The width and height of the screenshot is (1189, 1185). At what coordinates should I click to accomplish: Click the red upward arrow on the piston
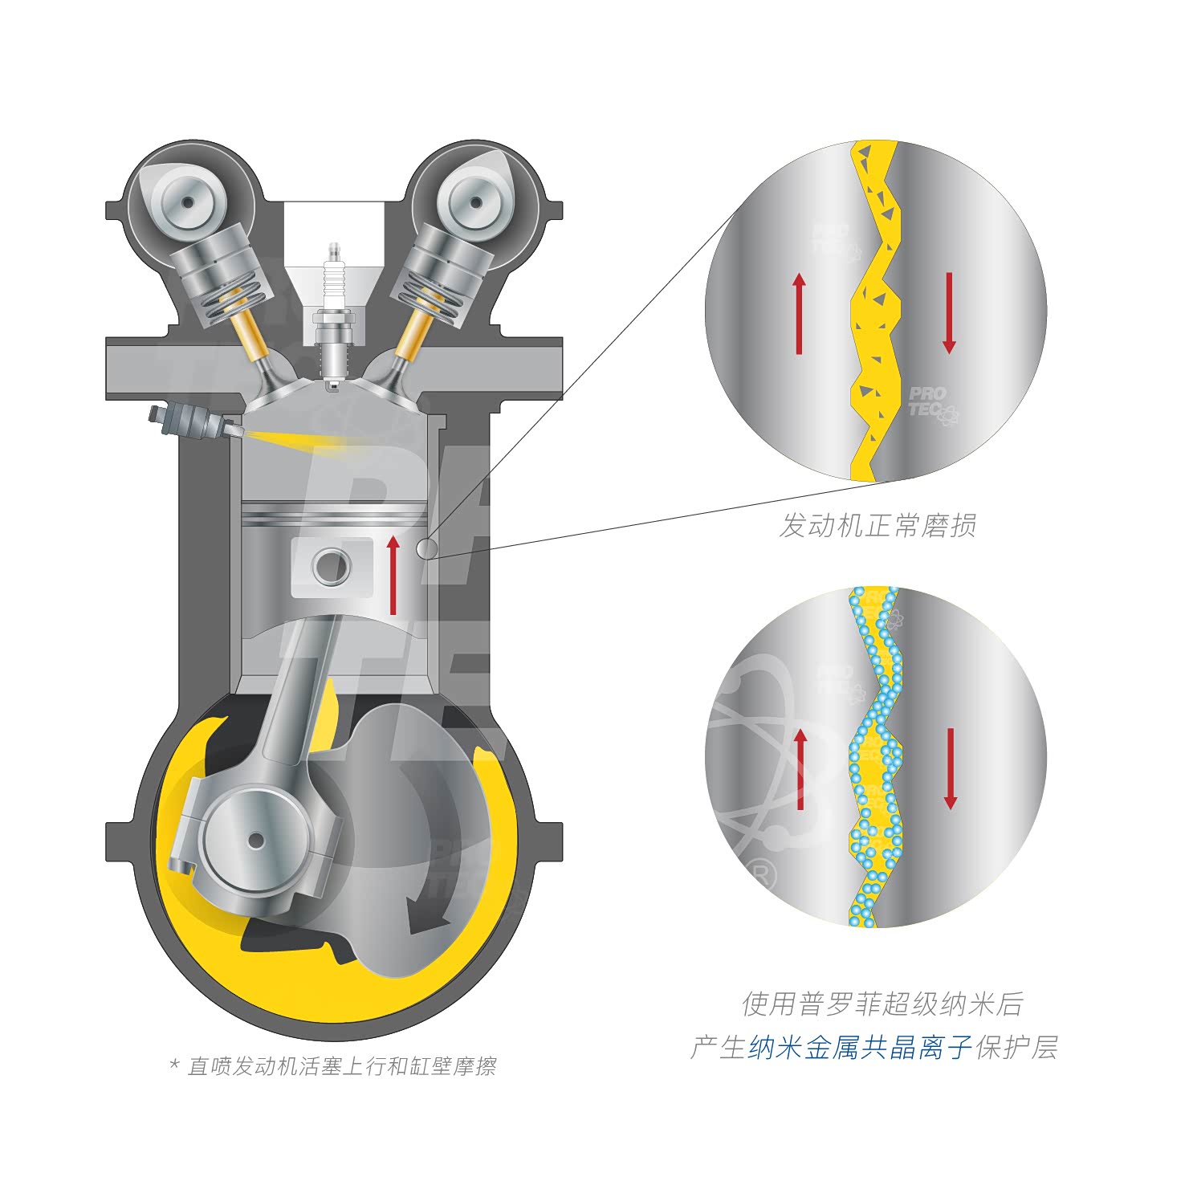(x=393, y=575)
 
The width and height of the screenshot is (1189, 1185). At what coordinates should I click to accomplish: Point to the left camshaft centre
(x=187, y=202)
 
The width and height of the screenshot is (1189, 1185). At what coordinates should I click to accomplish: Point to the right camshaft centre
(x=478, y=202)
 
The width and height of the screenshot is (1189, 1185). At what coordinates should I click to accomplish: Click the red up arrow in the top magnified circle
(x=799, y=313)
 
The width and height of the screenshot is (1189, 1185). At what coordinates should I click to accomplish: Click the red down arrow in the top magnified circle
(x=949, y=313)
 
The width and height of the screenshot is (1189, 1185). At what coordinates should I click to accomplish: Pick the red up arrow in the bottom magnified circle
(x=800, y=769)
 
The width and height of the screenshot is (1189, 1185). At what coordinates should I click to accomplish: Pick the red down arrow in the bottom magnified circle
(x=951, y=769)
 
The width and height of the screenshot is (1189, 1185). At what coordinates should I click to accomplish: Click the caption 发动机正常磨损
(x=877, y=526)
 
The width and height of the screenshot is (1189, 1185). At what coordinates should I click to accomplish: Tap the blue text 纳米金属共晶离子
(x=861, y=1048)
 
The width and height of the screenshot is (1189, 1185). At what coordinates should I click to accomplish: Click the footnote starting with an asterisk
(x=333, y=1066)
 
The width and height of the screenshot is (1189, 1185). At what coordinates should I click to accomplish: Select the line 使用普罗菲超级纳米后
(x=882, y=1004)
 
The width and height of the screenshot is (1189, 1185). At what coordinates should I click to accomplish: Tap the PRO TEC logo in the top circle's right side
(x=932, y=404)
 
